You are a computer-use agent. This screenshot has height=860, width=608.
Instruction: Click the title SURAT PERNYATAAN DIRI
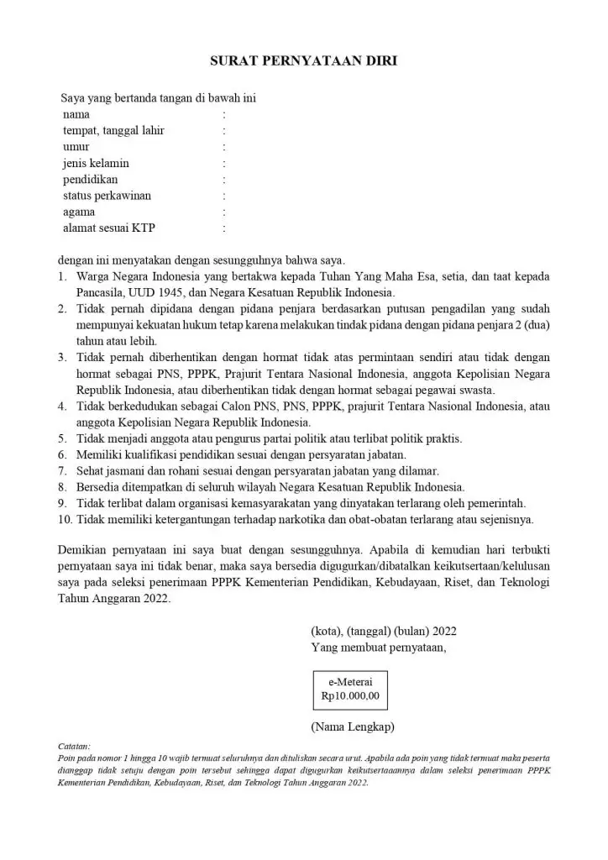click(x=303, y=61)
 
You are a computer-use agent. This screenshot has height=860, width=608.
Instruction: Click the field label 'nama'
click(x=76, y=114)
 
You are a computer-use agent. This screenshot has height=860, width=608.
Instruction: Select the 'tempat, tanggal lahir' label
click(x=113, y=130)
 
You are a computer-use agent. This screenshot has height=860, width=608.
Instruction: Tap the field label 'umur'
click(x=76, y=146)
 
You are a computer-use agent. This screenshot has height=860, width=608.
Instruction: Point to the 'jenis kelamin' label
click(x=96, y=163)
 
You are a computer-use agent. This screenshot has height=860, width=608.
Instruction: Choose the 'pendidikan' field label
click(x=91, y=179)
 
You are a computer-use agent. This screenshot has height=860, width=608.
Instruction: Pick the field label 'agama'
click(x=79, y=212)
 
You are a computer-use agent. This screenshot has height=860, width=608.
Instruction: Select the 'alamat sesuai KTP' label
click(x=109, y=228)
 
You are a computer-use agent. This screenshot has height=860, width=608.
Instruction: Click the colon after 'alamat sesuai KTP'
click(x=224, y=228)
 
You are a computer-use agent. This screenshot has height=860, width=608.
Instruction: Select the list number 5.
click(x=62, y=438)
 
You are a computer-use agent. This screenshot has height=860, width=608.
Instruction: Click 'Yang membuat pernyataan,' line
click(x=378, y=647)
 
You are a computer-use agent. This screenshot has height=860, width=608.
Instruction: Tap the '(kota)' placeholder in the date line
click(x=325, y=631)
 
